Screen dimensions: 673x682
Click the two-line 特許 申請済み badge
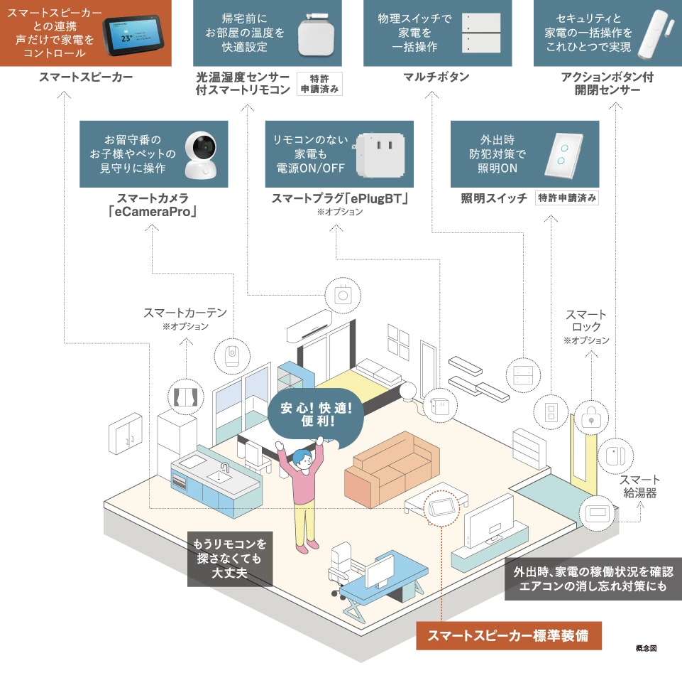pos(319,83)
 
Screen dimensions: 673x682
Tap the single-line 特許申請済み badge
pos(567,198)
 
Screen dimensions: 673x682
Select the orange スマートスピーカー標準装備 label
pos(510,636)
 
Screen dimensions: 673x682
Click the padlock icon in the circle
pos(590,418)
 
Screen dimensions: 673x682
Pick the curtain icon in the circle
pos(185,395)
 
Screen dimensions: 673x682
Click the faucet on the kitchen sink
pos(225,468)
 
